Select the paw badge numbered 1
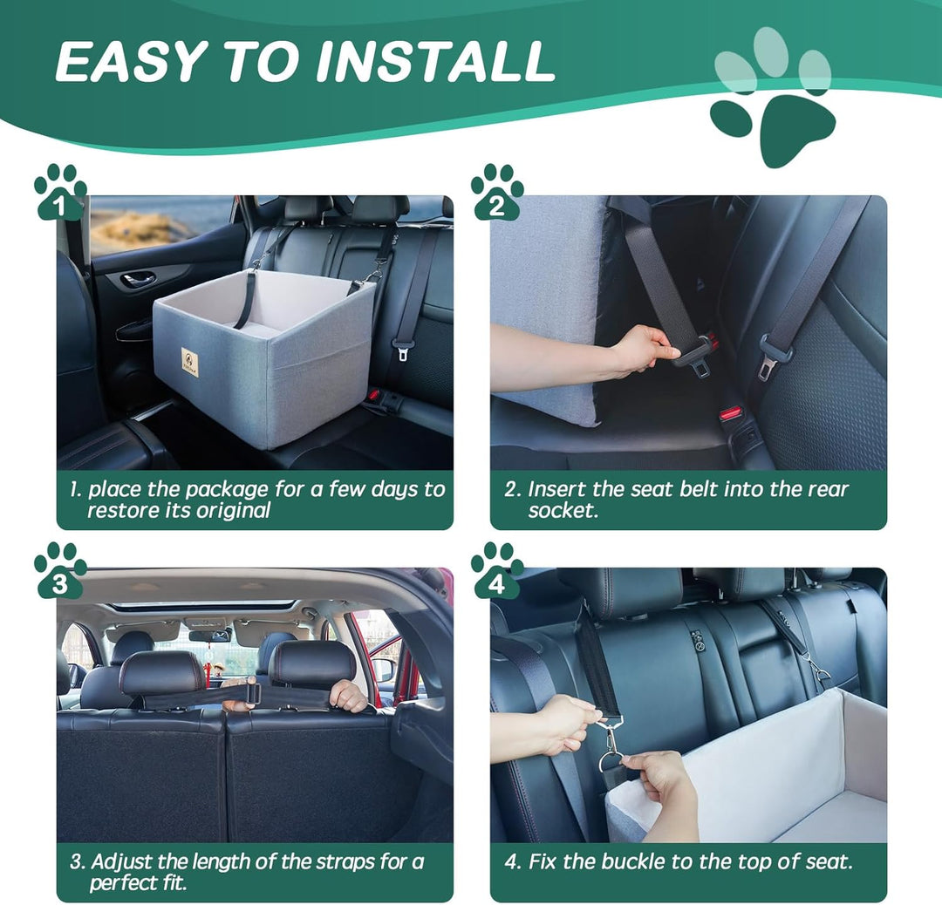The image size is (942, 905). click(60, 194)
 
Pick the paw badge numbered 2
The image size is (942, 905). click(497, 194)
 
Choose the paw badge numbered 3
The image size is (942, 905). click(60, 572)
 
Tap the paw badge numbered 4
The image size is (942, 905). click(497, 572)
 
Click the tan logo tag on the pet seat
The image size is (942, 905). click(189, 362)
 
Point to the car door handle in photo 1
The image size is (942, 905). click(138, 279)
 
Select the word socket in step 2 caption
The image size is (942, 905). click(563, 511)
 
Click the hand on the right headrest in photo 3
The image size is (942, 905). click(348, 695)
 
